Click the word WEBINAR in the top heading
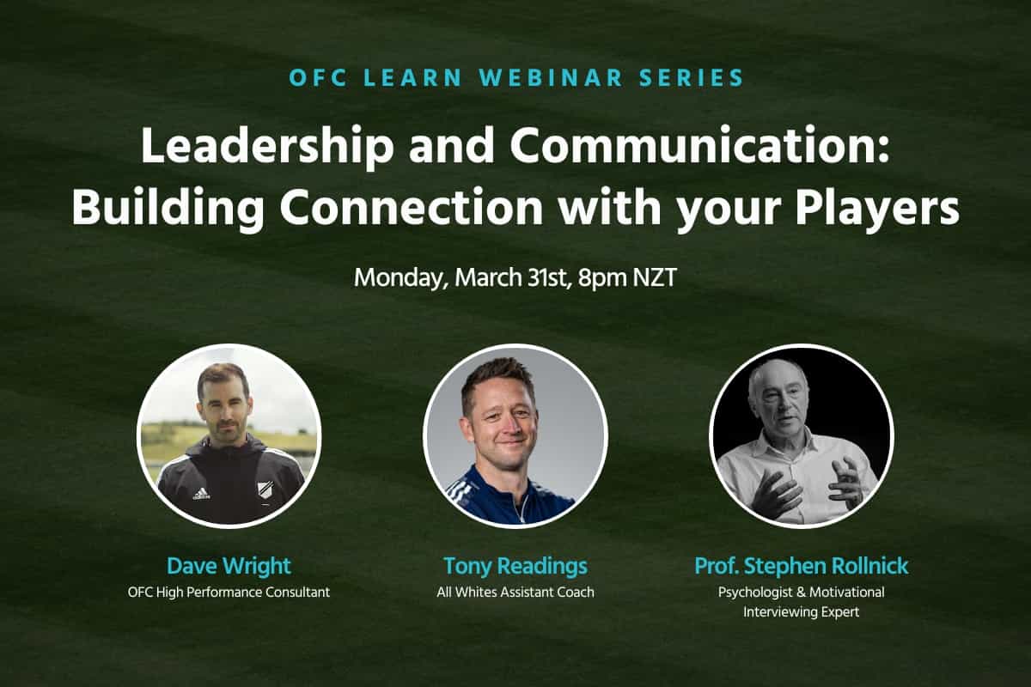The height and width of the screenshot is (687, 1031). [551, 77]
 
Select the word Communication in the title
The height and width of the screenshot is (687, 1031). [699, 144]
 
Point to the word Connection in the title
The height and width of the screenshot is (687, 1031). [411, 207]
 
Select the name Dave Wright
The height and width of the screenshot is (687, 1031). [229, 566]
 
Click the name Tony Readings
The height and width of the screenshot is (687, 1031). [515, 567]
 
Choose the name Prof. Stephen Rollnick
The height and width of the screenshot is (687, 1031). [802, 566]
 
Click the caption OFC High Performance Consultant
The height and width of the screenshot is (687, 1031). [229, 593]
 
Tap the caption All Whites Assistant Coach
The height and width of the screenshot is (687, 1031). [515, 592]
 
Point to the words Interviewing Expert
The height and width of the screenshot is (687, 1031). [802, 612]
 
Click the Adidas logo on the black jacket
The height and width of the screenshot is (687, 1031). [201, 494]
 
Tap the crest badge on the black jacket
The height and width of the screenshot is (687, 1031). [265, 489]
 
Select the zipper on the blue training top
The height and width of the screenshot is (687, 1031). [522, 508]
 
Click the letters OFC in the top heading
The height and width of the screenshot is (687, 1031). [318, 77]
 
